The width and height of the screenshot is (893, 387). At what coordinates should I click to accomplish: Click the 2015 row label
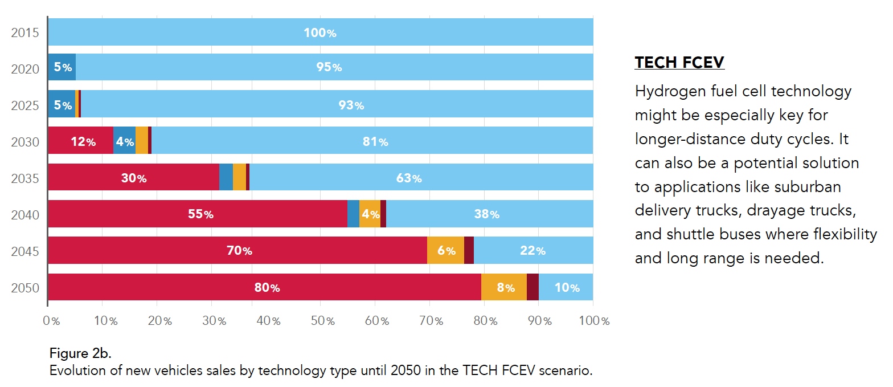(x=25, y=32)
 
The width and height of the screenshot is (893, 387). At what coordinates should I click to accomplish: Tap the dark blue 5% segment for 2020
(x=62, y=67)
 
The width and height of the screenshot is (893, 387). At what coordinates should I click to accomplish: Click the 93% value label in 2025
(x=351, y=105)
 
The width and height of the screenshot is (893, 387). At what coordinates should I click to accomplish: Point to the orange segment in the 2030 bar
(x=142, y=141)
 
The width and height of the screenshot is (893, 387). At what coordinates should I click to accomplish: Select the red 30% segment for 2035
(x=133, y=178)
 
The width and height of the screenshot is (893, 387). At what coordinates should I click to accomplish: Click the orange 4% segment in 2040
(x=370, y=214)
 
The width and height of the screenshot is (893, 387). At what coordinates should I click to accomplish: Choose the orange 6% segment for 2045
(x=445, y=250)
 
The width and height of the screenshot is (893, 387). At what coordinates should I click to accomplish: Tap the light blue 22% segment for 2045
(x=533, y=250)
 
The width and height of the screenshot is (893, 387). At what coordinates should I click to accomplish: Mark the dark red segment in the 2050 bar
(x=532, y=287)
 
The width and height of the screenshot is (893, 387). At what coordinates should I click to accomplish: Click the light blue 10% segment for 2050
(x=566, y=287)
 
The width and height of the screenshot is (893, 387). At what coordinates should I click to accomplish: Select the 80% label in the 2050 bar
(x=267, y=288)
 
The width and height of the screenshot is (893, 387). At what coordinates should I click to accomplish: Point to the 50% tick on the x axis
(x=322, y=321)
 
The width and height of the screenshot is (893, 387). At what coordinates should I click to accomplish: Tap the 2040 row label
(x=25, y=215)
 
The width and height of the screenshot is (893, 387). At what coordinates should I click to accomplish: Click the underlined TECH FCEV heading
(x=679, y=62)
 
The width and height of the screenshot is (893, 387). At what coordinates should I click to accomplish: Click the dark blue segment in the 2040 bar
(x=353, y=214)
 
